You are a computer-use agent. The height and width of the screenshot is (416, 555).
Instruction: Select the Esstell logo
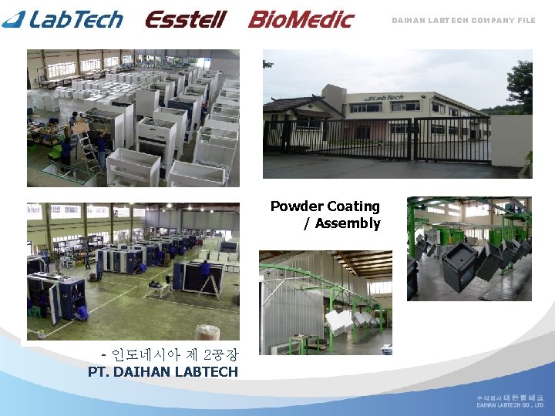tap(185, 18)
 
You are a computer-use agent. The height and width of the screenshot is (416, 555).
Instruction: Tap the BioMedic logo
tap(301, 18)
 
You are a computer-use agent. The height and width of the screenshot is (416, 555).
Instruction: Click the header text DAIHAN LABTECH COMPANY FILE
tap(462, 21)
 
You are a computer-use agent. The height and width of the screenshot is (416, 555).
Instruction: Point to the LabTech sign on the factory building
tap(384, 98)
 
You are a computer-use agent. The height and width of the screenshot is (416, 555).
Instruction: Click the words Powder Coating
tap(325, 206)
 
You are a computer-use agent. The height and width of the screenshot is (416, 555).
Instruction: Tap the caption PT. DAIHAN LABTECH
tap(163, 371)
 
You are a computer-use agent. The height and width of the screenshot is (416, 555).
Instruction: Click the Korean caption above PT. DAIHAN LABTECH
tap(170, 355)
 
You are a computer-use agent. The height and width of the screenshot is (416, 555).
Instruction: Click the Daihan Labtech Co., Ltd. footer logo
tap(510, 401)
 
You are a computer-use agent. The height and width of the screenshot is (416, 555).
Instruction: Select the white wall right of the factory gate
tap(511, 140)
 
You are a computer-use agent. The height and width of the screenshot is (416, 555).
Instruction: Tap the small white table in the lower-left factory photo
tap(160, 288)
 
